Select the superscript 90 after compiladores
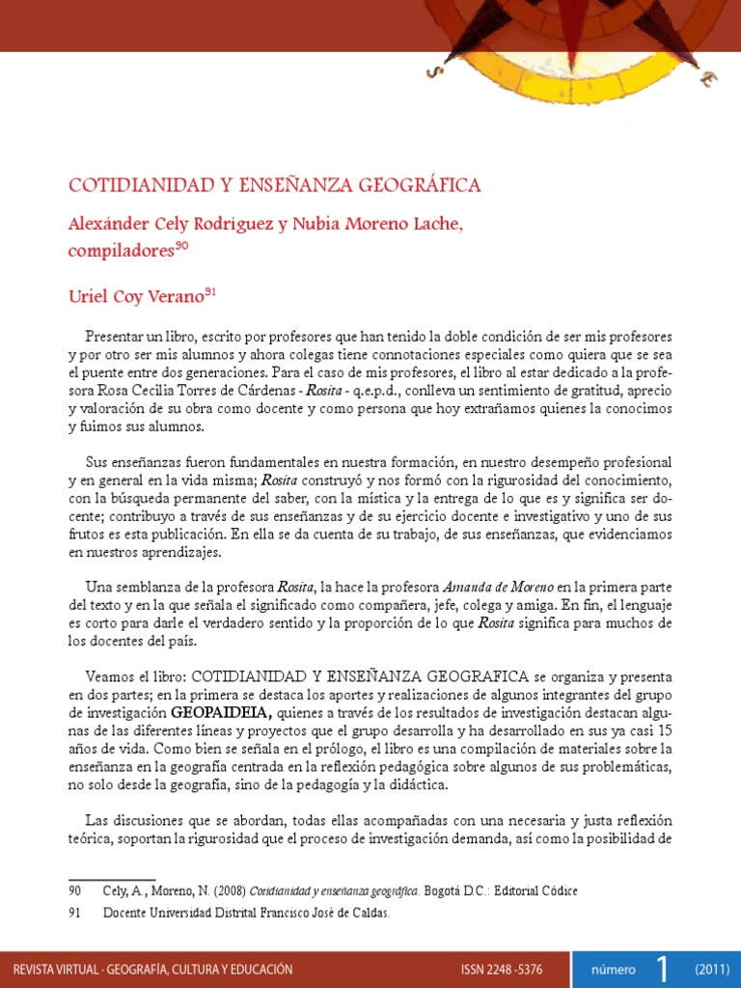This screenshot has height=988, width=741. [181, 247]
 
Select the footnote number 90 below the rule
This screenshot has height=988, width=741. [74, 891]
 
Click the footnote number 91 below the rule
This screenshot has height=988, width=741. [74, 912]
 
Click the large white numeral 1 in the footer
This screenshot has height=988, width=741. [662, 968]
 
